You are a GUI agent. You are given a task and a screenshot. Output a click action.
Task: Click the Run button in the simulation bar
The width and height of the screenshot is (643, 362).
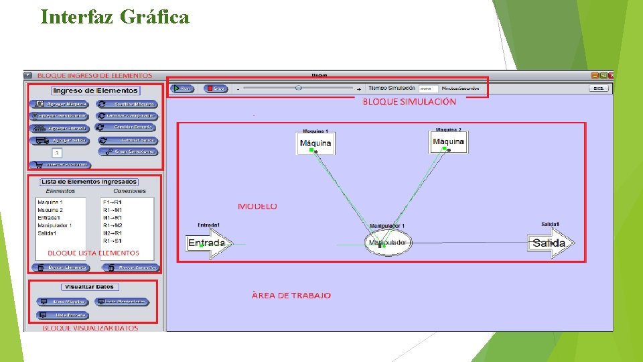182,88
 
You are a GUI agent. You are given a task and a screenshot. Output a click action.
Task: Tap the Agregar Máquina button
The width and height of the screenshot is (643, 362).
60,104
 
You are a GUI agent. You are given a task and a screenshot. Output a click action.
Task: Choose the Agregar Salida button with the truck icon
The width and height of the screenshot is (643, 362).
60,140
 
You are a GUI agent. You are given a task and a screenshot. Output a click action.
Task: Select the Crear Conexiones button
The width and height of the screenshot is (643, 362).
128,152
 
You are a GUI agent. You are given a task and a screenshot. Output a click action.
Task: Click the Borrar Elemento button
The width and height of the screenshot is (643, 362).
60,267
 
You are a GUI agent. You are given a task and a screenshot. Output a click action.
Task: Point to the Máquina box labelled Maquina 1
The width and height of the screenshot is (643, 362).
315,143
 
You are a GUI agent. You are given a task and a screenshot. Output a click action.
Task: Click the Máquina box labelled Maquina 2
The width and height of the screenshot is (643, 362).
448,142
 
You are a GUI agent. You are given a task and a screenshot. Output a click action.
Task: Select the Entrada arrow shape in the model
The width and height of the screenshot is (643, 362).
208,243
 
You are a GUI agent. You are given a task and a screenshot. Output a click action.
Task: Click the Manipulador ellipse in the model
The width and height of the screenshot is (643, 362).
388,243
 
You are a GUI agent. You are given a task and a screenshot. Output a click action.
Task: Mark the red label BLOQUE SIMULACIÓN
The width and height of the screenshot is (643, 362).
409,102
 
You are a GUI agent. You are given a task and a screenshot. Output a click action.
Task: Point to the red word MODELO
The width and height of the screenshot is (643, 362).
257,206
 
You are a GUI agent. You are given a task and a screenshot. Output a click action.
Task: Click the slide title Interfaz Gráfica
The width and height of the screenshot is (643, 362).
115,17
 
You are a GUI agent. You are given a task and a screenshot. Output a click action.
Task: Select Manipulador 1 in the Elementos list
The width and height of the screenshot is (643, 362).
55,225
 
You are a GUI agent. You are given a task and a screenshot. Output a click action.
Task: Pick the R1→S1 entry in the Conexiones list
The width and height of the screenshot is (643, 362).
113,241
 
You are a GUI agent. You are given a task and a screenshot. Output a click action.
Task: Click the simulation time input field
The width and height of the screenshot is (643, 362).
428,88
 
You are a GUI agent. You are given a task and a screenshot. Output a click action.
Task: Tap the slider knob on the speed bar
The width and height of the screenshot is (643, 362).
298,88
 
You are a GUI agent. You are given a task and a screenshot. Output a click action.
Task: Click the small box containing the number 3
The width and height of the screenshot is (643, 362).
57,153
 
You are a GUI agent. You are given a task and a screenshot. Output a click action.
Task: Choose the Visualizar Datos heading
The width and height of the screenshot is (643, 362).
90,287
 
